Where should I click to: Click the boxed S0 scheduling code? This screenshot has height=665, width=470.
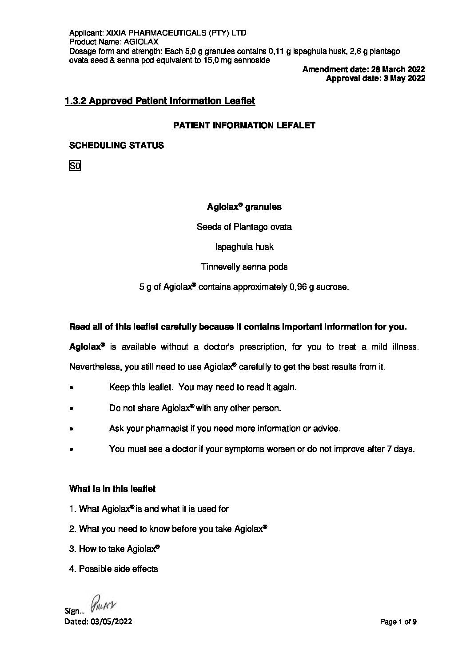(x=75, y=166)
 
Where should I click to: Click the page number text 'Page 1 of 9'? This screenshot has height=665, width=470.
(x=398, y=622)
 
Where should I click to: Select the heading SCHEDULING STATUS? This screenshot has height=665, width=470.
(x=116, y=145)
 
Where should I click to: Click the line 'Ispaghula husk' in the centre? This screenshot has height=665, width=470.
(x=244, y=247)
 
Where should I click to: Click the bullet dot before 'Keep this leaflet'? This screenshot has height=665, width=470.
(x=72, y=388)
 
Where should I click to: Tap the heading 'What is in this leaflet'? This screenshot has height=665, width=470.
(x=112, y=489)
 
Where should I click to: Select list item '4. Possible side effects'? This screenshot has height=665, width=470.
(x=114, y=569)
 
